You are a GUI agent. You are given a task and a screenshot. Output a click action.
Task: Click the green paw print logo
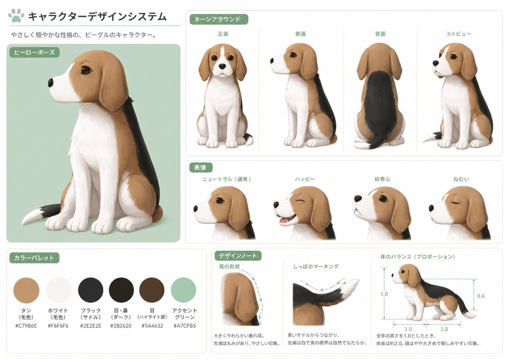point(16,16)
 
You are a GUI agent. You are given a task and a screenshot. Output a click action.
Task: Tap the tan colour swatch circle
point(26,290)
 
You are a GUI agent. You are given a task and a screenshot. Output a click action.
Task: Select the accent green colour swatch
point(183,290)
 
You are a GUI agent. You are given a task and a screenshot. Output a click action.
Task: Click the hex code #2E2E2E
point(90,326)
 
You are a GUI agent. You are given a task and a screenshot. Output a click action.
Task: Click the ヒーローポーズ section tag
point(34,53)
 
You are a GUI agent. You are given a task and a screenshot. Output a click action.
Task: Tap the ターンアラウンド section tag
point(218,19)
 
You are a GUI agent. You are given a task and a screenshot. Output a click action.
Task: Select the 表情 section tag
point(201,167)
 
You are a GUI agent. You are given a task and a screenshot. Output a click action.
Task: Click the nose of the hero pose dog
point(51,82)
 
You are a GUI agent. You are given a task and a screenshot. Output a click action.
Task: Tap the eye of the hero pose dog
point(86,70)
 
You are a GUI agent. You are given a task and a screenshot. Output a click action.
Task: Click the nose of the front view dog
point(222,66)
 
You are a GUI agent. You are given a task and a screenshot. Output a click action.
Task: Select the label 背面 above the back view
point(380,34)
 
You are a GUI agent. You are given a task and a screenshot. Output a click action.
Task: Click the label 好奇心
point(382,179)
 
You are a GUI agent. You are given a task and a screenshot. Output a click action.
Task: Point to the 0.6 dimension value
point(481,296)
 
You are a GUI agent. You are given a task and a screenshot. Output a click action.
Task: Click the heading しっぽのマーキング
point(316,267)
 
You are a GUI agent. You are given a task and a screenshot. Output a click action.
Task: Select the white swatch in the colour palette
point(59,290)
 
